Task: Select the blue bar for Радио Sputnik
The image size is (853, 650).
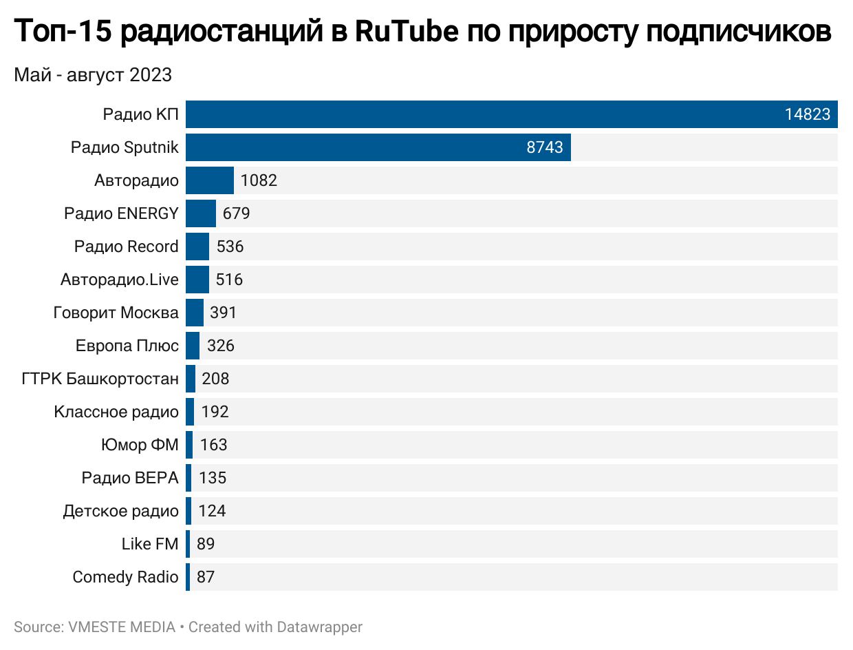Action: (378, 147)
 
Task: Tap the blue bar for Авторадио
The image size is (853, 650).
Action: (210, 180)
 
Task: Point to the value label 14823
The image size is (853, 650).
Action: (808, 114)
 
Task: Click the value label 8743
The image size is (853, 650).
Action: (545, 147)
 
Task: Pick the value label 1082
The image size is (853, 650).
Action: (259, 180)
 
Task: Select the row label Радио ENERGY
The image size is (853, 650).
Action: (121, 213)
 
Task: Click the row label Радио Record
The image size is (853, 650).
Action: (126, 247)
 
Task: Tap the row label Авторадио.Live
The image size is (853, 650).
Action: (119, 280)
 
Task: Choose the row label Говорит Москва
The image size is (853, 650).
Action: (116, 313)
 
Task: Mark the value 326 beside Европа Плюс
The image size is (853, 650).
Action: (221, 346)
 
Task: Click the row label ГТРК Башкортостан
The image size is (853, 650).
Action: (100, 379)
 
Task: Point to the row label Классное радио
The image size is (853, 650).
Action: (116, 412)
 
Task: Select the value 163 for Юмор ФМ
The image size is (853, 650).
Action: (214, 445)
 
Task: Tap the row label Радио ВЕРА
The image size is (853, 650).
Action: (129, 478)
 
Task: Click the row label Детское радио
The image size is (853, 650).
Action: (120, 511)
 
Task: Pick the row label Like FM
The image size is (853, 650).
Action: (150, 544)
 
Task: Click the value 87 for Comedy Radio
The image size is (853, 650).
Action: (206, 577)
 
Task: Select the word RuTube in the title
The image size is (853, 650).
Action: (406, 32)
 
